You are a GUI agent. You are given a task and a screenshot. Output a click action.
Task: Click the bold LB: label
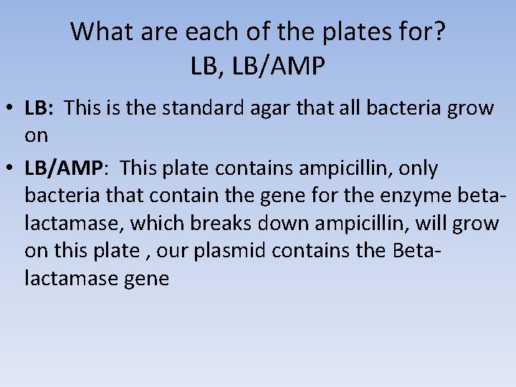click(x=39, y=108)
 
